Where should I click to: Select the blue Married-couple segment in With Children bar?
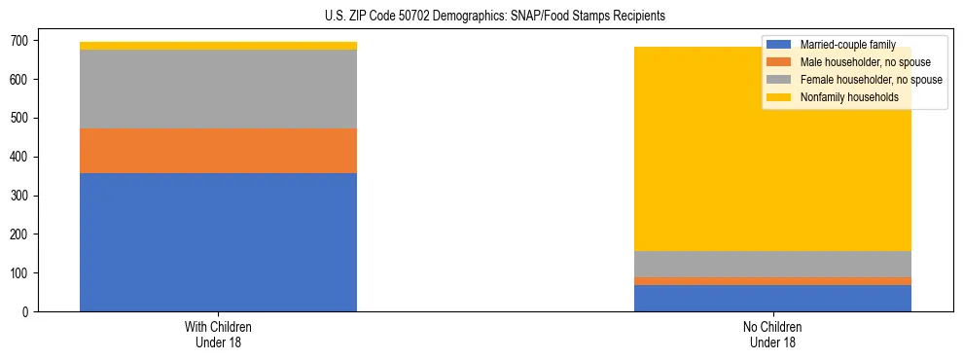[218, 242]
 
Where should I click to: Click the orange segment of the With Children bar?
[218, 151]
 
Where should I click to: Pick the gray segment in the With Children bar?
[218, 90]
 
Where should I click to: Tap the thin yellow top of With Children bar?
[218, 46]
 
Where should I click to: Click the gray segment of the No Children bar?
[772, 264]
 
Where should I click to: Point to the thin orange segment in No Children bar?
[772, 281]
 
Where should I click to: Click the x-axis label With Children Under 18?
[218, 335]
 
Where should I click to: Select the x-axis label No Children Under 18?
[772, 335]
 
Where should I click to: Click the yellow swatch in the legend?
[779, 97]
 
